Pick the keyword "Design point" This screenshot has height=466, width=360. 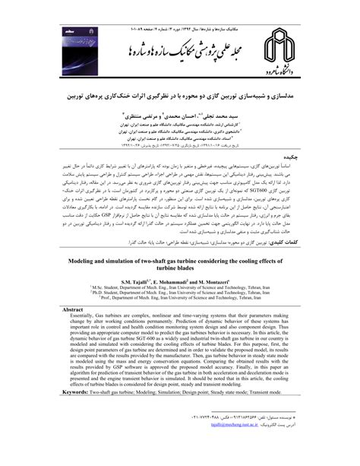click(212, 413)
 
